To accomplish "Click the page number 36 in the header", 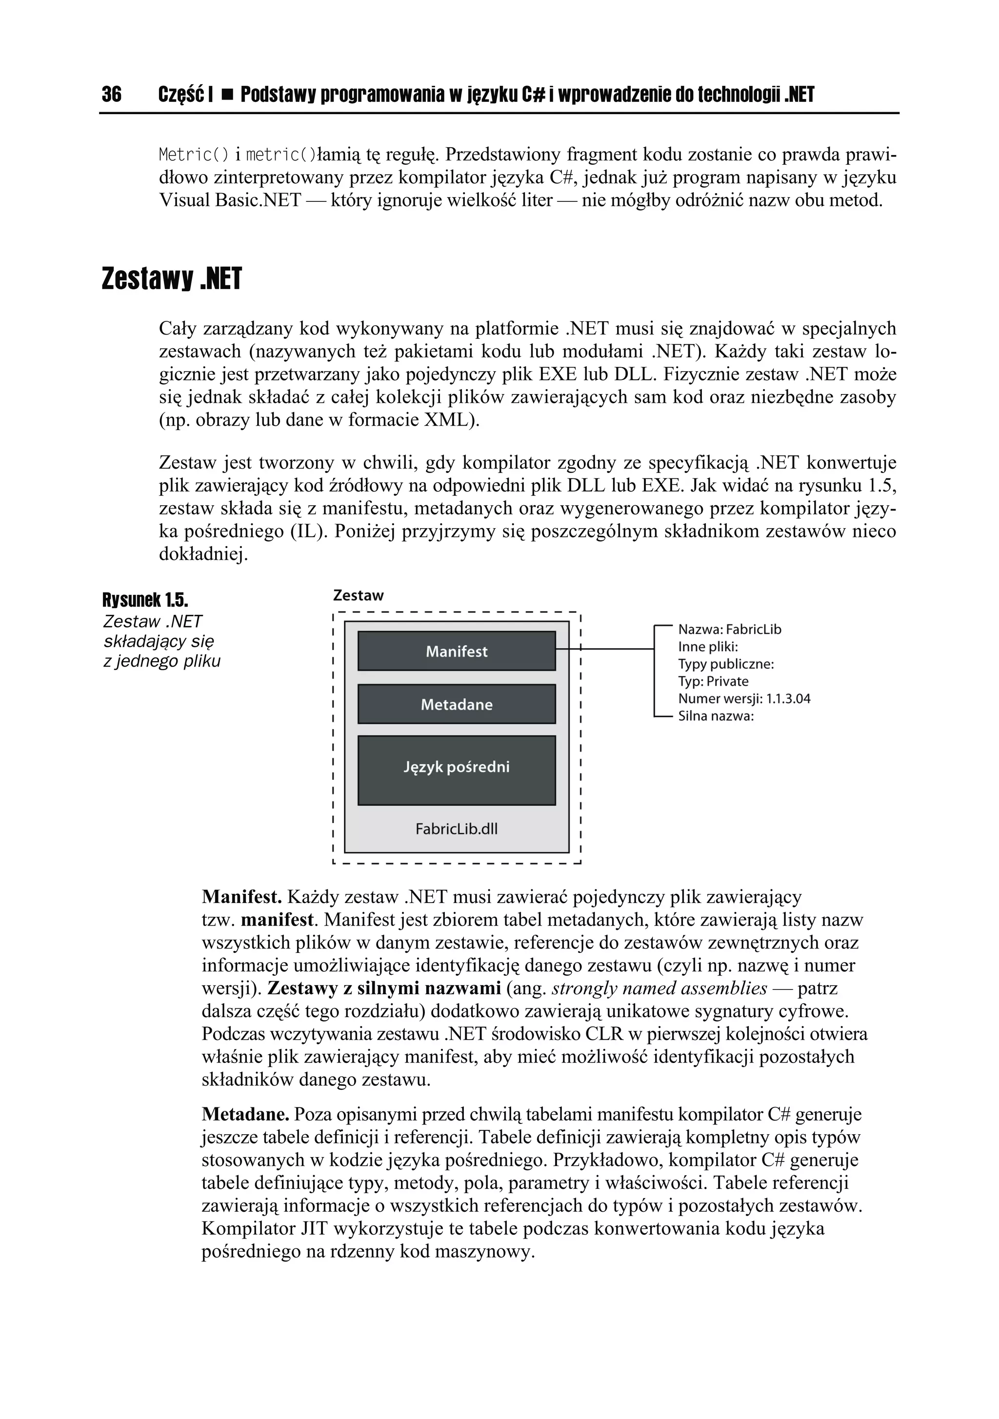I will point(112,95).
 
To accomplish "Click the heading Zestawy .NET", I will point(171,279).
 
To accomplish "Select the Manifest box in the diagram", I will point(456,651).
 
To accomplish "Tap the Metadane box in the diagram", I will point(456,704).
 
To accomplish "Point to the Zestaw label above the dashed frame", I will point(358,596).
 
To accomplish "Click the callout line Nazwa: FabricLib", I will point(729,629).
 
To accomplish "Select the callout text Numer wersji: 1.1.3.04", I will point(744,698).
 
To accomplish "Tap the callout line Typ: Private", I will point(713,681).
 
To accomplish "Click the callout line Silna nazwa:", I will point(716,716).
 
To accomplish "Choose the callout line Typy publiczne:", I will point(726,664).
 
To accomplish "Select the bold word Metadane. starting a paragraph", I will point(245,1114).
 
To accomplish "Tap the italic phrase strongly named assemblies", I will point(659,988).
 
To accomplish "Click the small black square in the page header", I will point(227,95).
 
